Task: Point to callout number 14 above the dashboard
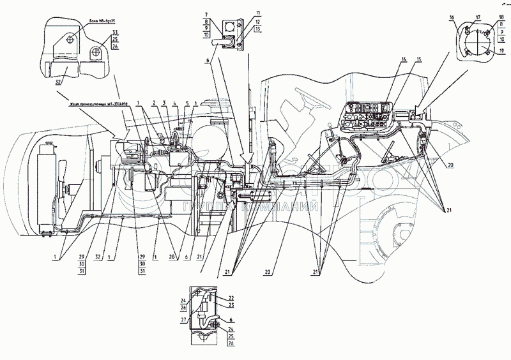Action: [x=403, y=59]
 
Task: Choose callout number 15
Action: [x=418, y=59]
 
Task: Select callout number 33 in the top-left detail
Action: [x=114, y=32]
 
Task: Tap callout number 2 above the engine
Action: [x=154, y=103]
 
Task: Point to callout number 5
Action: [x=186, y=103]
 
